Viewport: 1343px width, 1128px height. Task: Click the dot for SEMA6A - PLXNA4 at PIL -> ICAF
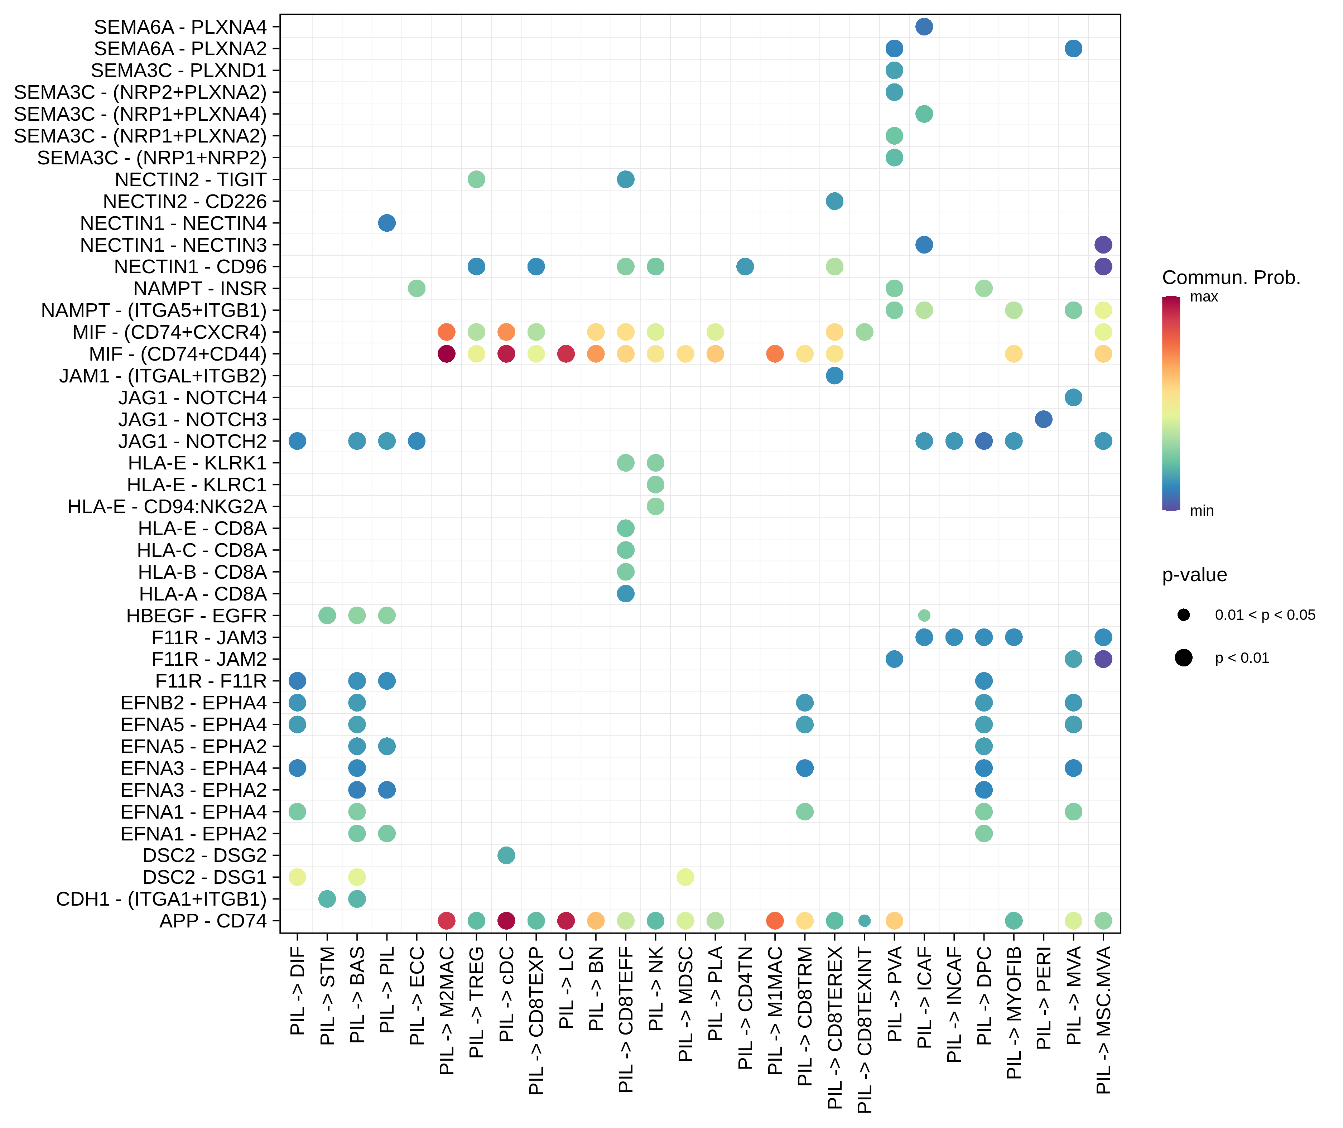[924, 27]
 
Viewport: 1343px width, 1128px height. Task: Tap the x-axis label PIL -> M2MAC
[446, 1010]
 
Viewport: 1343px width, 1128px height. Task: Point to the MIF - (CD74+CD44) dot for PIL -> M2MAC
[446, 354]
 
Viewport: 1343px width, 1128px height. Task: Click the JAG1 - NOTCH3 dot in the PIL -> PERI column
[1043, 419]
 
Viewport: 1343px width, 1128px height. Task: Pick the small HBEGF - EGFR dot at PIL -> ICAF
[924, 615]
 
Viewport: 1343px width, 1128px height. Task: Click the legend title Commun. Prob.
[1231, 278]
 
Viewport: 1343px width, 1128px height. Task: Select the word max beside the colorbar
[1204, 297]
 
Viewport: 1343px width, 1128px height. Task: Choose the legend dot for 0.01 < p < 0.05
[1183, 614]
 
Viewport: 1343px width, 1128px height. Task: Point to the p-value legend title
[1194, 575]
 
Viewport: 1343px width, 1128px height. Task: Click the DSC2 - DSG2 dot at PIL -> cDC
[506, 855]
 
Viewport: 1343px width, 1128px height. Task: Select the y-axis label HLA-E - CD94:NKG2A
[167, 506]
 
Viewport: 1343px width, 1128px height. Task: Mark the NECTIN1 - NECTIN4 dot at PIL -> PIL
[386, 223]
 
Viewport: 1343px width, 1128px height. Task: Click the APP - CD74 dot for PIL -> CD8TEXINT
[864, 920]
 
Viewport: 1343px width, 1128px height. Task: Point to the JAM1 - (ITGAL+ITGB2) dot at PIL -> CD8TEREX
[834, 375]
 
